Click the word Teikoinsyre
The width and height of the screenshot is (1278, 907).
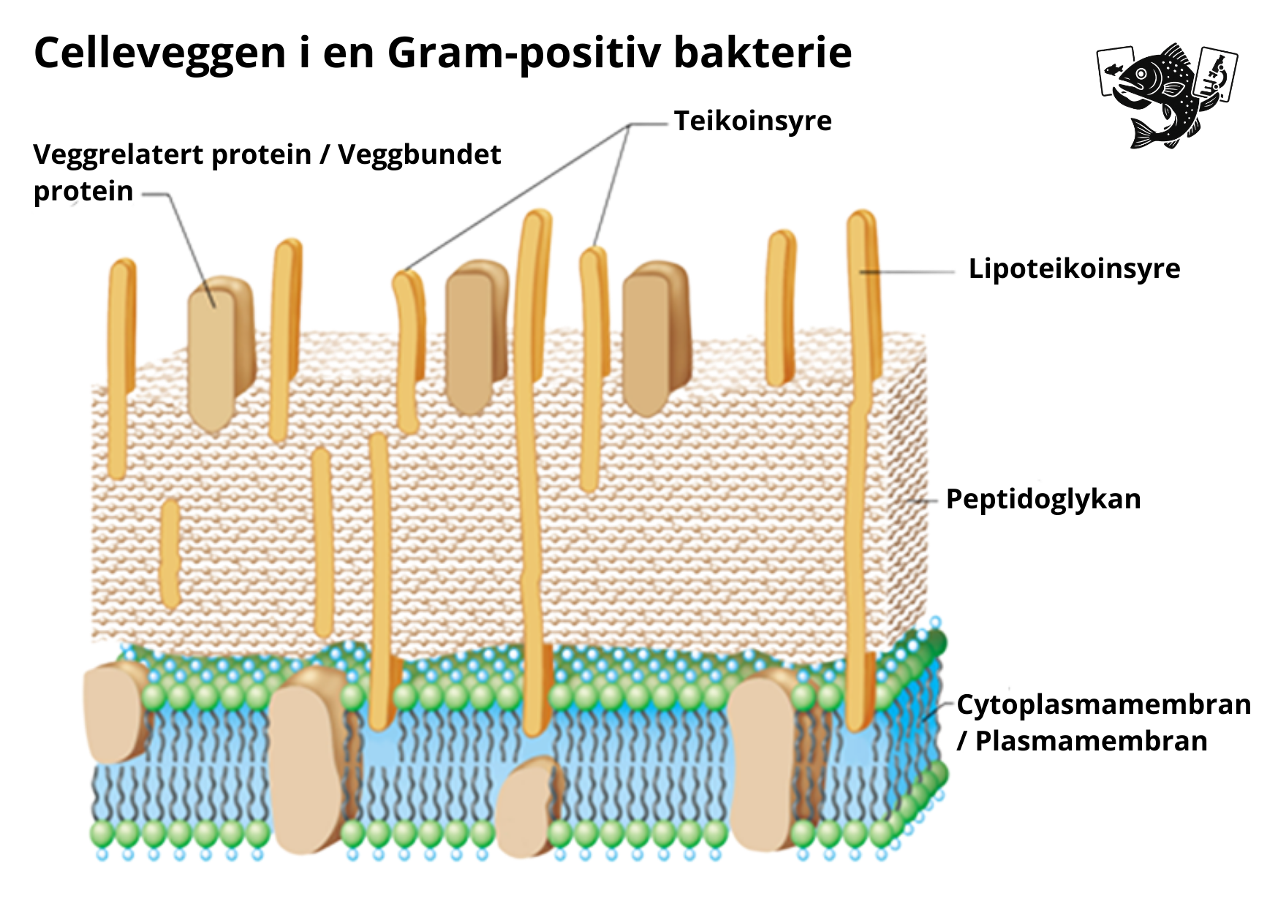tap(752, 121)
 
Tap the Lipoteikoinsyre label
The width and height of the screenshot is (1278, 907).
tap(1074, 269)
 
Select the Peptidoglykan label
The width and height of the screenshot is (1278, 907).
tap(1043, 500)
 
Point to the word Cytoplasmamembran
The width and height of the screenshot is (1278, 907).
tap(1103, 705)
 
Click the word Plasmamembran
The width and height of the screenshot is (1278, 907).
tap(1091, 742)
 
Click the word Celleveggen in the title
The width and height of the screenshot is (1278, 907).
tap(160, 53)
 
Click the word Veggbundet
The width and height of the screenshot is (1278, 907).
tap(420, 155)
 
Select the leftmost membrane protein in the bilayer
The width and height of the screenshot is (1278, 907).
tap(115, 713)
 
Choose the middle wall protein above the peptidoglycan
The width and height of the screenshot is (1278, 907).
tap(475, 336)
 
